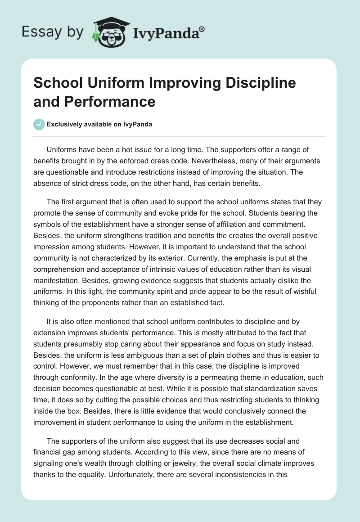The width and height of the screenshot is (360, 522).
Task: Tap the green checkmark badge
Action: tap(39, 124)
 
